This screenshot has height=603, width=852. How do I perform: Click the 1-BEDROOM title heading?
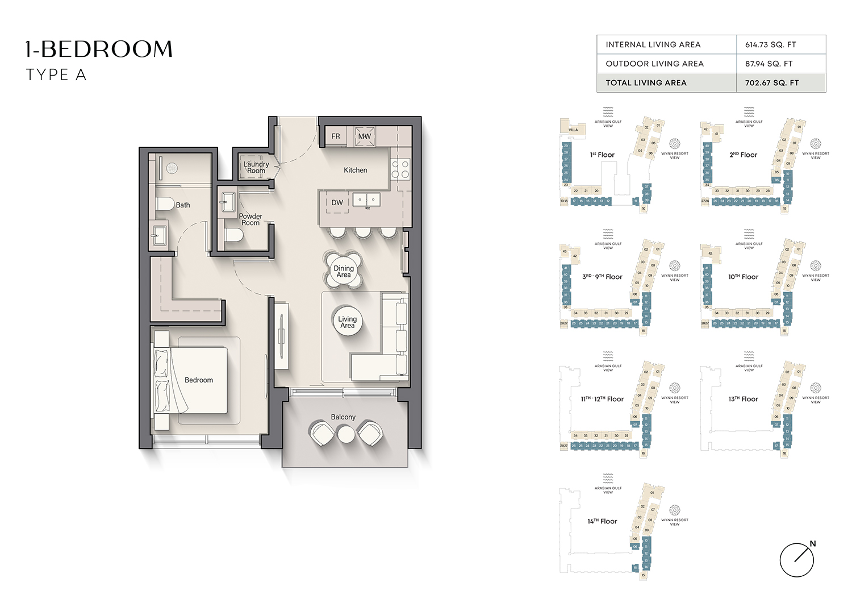(99, 49)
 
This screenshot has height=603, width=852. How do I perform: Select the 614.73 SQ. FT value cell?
(770, 44)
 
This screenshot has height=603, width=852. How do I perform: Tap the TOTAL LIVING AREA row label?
(646, 82)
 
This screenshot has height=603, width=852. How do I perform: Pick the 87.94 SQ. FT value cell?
(769, 64)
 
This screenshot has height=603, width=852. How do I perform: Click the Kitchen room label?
(355, 170)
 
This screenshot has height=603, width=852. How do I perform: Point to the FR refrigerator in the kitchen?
(336, 136)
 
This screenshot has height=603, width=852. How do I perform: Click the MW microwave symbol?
(364, 136)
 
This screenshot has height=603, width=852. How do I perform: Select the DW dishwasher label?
(337, 202)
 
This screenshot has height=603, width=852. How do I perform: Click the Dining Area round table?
(343, 271)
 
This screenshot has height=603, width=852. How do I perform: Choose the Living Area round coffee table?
(347, 322)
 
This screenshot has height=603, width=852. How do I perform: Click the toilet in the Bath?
(165, 204)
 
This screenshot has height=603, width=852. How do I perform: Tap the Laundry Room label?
(256, 167)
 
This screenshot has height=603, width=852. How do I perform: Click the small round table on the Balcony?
(346, 435)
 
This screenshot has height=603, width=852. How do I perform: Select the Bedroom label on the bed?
(199, 380)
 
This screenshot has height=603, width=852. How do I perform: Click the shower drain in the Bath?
(172, 168)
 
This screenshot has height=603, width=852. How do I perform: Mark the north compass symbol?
(797, 559)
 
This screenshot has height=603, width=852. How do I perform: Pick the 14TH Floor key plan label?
(602, 521)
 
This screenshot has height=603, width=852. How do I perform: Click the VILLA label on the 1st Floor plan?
(573, 130)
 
